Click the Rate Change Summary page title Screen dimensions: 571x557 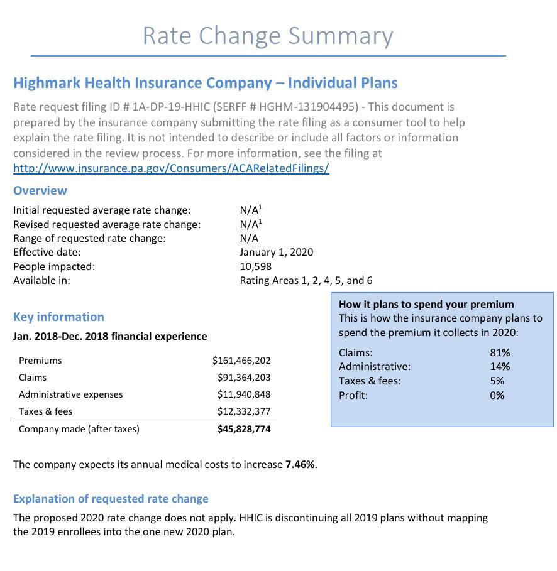click(x=268, y=36)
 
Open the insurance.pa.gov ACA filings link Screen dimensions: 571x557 click(x=171, y=168)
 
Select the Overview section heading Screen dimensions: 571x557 click(x=40, y=190)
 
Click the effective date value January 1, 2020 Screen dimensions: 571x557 click(x=276, y=252)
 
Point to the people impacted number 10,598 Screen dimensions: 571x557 click(x=255, y=266)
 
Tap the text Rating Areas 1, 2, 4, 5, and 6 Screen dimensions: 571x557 click(x=306, y=280)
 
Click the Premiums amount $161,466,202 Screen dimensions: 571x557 click(x=241, y=361)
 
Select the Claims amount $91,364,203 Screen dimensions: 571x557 click(x=244, y=378)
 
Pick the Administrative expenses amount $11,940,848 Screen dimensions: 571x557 click(x=244, y=394)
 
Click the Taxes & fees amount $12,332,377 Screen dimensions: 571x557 click(x=244, y=411)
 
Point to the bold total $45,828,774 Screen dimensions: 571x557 click(x=244, y=429)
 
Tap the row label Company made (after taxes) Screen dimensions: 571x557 click(x=79, y=429)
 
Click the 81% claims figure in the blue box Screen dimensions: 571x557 click(x=500, y=352)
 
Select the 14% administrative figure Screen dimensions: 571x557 click(x=500, y=366)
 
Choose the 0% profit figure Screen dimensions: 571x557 click(x=497, y=395)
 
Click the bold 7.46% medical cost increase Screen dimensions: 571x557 click(x=300, y=465)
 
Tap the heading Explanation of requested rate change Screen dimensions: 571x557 click(x=111, y=499)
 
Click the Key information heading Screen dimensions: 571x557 click(x=58, y=317)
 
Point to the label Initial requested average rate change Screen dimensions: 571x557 click(x=102, y=210)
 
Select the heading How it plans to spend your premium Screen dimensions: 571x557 click(x=426, y=304)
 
